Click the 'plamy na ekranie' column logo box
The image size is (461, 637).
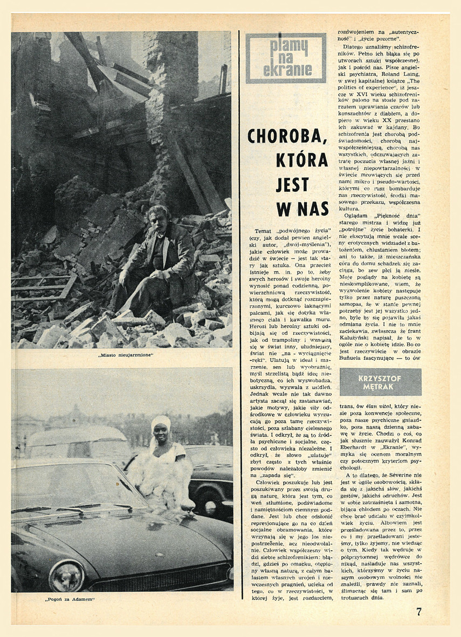[x=286, y=58]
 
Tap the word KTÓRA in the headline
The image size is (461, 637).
[x=302, y=160]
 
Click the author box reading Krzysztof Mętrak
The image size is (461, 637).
[x=380, y=381]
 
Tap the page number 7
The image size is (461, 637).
[x=419, y=612]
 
